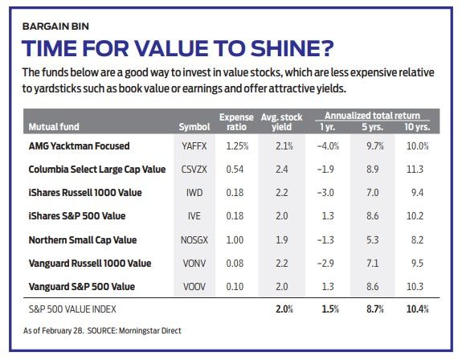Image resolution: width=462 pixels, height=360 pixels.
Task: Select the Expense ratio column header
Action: pos(236,121)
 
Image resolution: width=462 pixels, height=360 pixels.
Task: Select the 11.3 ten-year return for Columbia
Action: pos(417,170)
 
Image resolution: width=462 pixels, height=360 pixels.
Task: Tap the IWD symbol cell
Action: pos(190,193)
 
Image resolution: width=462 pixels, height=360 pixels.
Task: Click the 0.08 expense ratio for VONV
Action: pos(235,263)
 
